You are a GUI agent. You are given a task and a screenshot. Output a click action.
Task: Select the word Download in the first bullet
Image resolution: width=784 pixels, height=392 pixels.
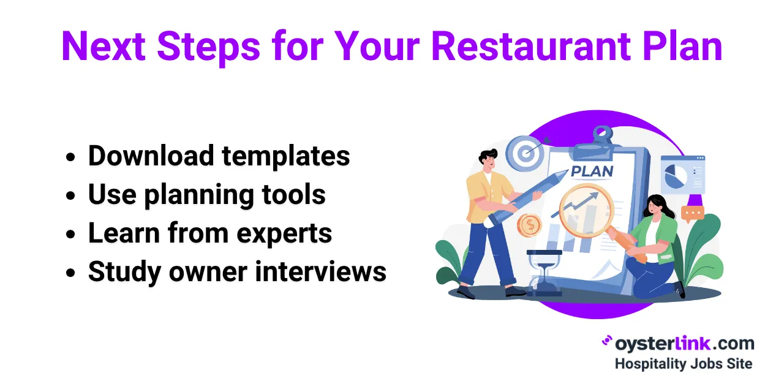click(151, 156)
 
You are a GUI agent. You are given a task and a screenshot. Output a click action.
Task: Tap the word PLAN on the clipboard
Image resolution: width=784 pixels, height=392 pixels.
click(592, 171)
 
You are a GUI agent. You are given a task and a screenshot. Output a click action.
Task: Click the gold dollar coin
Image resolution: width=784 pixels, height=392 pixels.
click(529, 225)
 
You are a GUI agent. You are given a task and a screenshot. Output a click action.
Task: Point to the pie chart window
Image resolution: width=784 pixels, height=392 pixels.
click(682, 175)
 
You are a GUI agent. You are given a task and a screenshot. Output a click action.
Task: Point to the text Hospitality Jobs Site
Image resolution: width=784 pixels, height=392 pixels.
click(683, 363)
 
